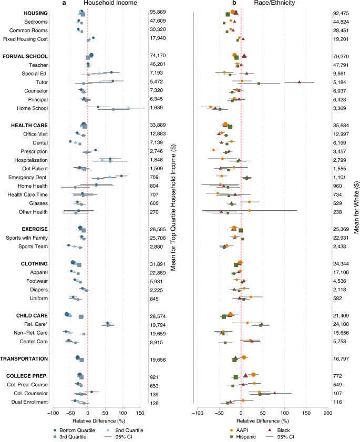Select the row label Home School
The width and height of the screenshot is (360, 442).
pos(33,108)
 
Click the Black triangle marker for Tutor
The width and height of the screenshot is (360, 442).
pos(300,81)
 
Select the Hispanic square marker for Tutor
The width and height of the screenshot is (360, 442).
pos(259,83)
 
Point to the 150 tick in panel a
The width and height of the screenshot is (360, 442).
pos(140,413)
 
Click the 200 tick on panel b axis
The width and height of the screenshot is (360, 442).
pos(327,413)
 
